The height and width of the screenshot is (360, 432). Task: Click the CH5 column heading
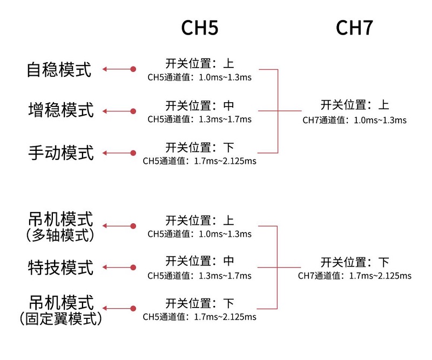200,28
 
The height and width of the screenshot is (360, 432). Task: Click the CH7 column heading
354,28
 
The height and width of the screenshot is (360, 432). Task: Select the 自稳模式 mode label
59,69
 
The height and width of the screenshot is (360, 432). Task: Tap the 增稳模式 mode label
61,110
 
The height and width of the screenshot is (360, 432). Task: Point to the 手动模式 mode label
61,152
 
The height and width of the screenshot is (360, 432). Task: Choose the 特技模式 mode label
60,268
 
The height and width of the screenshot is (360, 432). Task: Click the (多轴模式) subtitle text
60,235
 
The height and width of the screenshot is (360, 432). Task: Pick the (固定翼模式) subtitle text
61,318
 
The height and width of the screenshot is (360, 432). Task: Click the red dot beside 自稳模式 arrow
133,69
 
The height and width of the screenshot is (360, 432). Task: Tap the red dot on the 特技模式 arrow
133,268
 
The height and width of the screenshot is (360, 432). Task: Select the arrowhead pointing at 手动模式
105,153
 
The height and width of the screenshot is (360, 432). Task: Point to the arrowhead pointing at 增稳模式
105,111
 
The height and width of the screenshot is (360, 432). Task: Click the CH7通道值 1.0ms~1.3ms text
354,120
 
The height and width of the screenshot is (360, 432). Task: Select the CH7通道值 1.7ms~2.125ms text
355,276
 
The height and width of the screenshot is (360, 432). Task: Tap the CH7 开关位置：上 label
355,105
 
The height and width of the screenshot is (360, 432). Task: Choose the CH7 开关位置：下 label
355,262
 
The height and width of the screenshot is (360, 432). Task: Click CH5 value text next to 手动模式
199,161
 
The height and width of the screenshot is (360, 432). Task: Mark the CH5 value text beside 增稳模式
199,119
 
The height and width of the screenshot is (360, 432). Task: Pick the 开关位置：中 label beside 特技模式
200,261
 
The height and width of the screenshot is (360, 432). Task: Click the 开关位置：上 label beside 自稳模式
200,63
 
